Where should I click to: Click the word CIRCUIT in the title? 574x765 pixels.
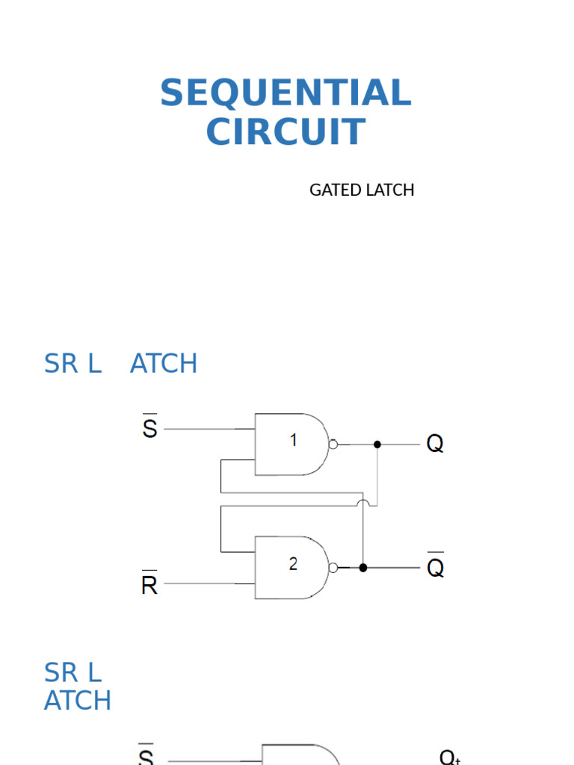tap(286, 132)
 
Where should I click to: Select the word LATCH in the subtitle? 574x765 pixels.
tap(389, 190)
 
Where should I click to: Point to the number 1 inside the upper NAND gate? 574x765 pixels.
tap(294, 441)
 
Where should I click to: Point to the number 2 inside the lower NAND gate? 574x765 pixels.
tap(294, 565)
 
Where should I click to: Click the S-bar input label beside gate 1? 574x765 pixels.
tap(149, 428)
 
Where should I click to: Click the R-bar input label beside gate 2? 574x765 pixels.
tap(149, 583)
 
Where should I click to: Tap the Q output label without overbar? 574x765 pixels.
tap(435, 445)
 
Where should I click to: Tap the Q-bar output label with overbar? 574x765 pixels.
tap(435, 567)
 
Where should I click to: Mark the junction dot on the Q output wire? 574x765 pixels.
tap(377, 445)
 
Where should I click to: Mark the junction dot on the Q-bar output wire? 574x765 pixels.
tap(363, 568)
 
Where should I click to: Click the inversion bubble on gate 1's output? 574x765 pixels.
tap(333, 445)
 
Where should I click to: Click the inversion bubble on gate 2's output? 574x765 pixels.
tap(333, 568)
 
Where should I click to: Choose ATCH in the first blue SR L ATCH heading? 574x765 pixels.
tap(164, 364)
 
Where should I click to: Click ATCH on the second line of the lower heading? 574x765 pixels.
tap(78, 701)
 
